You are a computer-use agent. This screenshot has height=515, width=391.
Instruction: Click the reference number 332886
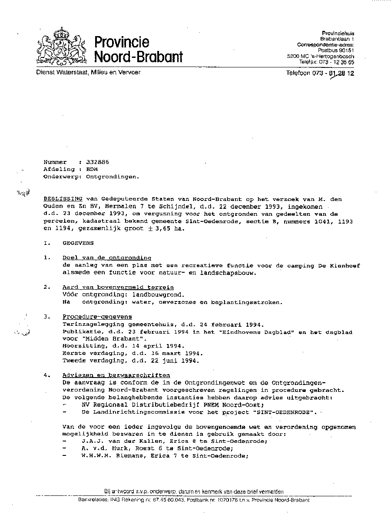tap(97, 162)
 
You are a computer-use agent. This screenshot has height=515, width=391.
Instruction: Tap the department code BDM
tap(92, 170)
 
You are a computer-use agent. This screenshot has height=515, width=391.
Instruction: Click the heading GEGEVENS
tap(78, 243)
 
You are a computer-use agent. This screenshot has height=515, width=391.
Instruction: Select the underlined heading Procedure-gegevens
tap(97, 317)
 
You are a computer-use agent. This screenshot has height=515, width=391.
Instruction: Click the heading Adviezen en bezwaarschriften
tap(116, 375)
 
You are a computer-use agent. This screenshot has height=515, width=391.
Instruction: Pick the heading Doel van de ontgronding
tap(106, 258)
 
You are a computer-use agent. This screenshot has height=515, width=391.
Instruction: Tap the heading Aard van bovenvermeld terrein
tap(118, 288)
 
